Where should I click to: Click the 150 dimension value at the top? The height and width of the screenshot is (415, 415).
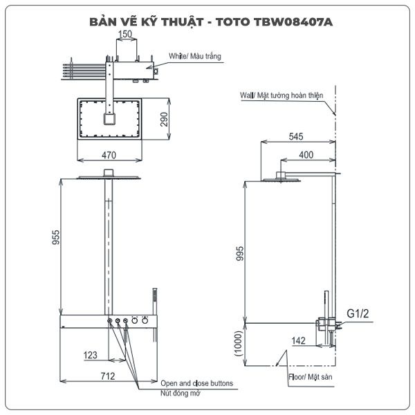pos(125,34)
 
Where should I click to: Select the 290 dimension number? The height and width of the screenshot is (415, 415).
pos(164,120)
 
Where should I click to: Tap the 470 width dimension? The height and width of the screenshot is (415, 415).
pos(109,155)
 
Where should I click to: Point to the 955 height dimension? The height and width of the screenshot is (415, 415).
pos(55,237)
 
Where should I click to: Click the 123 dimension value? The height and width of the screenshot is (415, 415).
pos(90,355)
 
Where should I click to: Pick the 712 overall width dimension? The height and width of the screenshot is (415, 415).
pos(108,376)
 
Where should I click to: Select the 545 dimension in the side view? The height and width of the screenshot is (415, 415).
pos(296,136)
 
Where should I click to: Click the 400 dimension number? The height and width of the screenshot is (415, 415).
pos(306,154)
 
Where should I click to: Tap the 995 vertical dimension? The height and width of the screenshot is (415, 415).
pos(239,253)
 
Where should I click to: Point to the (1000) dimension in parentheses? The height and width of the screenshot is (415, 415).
pos(238,343)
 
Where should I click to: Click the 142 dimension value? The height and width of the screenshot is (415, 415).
pos(299,340)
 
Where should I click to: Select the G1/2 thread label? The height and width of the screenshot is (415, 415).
pos(358,313)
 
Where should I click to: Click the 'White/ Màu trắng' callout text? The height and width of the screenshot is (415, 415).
pos(195,57)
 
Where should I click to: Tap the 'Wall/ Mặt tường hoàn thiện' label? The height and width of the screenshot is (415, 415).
pos(282,95)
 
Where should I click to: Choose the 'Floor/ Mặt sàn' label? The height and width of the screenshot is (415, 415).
pos(310,377)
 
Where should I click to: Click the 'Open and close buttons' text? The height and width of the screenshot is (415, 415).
pos(197,383)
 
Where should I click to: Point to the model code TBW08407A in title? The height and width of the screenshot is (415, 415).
pos(293,22)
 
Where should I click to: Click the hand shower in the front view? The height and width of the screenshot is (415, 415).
pos(155,315)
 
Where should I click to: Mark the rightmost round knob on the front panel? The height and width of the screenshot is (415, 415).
pos(145,320)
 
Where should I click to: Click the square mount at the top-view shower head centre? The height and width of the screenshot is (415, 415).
pos(109,119)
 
